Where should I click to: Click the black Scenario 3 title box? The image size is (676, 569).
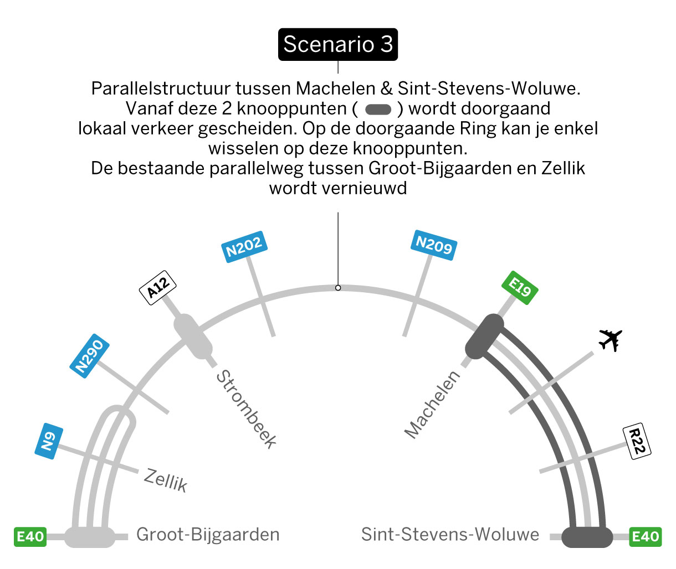[x=337, y=44]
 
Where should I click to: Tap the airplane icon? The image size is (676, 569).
[x=610, y=340]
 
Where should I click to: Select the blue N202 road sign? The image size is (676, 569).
[x=244, y=247]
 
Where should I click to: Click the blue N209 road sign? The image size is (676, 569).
[x=434, y=245]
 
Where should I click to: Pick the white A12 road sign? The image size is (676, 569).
[x=158, y=288]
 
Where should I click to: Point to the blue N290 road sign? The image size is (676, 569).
[x=89, y=356]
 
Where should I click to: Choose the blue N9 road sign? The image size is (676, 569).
[x=49, y=441]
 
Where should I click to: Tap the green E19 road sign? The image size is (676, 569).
[x=520, y=288]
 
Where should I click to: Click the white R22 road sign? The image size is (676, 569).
[x=637, y=441]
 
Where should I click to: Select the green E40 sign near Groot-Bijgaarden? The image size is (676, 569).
[x=30, y=537]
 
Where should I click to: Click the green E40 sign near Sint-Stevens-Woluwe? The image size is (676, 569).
[x=645, y=537]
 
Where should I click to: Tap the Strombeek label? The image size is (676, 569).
[x=246, y=409]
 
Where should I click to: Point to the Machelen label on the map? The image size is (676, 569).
[x=432, y=405]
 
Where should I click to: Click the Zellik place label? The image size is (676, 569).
[x=166, y=480]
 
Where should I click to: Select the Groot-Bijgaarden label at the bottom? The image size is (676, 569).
[x=208, y=535]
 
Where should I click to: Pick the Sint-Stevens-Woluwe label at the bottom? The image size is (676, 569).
[x=450, y=534]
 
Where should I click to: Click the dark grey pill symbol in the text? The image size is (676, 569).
[x=378, y=110]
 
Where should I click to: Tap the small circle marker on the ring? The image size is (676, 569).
[x=338, y=288]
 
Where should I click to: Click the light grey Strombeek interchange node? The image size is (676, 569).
[x=193, y=337]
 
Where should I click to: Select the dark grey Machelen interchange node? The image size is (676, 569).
[x=484, y=337]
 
